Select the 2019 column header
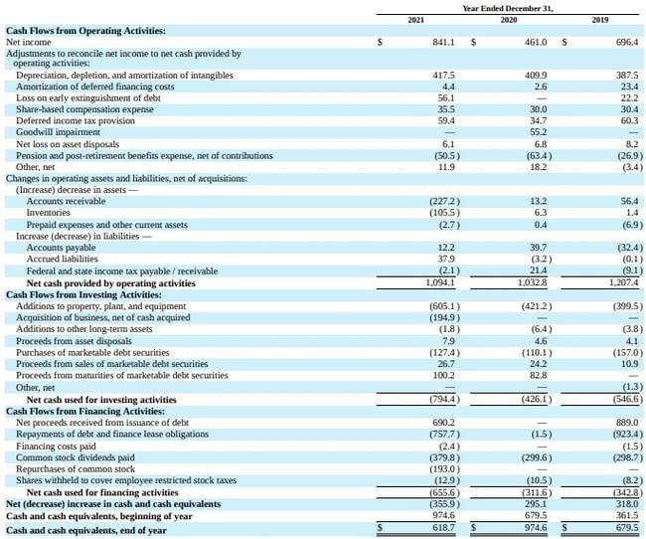(599, 20)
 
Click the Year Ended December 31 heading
(508, 8)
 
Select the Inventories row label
(49, 213)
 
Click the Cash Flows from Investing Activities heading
(83, 295)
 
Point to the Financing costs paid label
(58, 446)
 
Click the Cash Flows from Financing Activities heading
(83, 411)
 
